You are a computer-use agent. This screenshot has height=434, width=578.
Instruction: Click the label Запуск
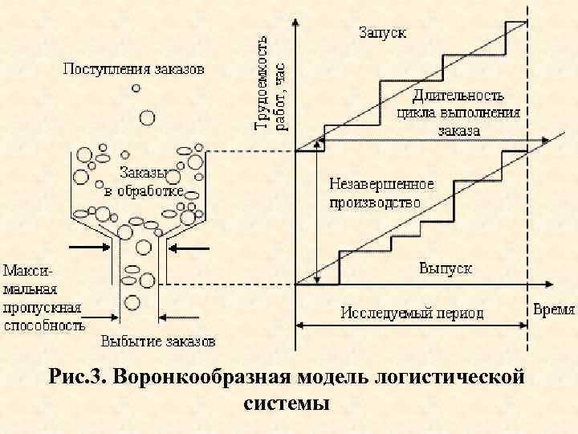click(x=382, y=33)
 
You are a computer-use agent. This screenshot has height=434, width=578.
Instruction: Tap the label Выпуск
click(x=445, y=268)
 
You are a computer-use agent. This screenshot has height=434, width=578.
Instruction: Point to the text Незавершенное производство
click(x=381, y=194)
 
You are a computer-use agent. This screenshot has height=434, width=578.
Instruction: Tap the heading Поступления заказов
click(x=134, y=69)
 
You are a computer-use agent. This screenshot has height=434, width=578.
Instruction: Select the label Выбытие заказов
click(x=158, y=341)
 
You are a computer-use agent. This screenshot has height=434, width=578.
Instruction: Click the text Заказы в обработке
click(x=144, y=181)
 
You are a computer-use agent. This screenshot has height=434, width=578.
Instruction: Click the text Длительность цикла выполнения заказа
click(x=458, y=113)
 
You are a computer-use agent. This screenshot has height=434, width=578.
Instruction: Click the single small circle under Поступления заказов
click(x=137, y=88)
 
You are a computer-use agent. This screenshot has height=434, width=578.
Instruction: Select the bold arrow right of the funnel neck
click(x=192, y=248)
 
